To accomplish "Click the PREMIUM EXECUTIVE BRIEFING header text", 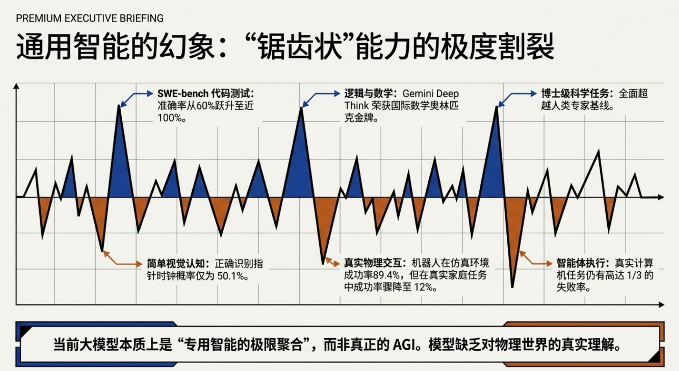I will [x=90, y=18].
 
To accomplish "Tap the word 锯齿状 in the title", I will [x=299, y=47].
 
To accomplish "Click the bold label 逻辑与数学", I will [x=370, y=94].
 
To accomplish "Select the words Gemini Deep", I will [x=431, y=94].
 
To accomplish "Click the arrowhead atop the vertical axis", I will [x=16, y=86].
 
